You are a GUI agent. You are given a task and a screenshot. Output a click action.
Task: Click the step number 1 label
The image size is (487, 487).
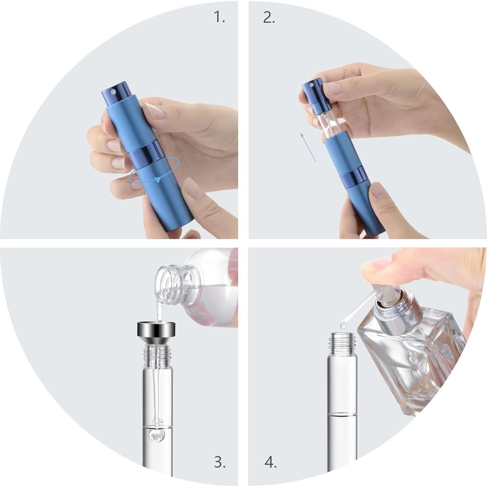(220, 17)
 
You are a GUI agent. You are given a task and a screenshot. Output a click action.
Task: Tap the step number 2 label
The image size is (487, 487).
(269, 17)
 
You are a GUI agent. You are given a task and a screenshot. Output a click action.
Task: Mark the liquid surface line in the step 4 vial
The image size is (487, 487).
(342, 414)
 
